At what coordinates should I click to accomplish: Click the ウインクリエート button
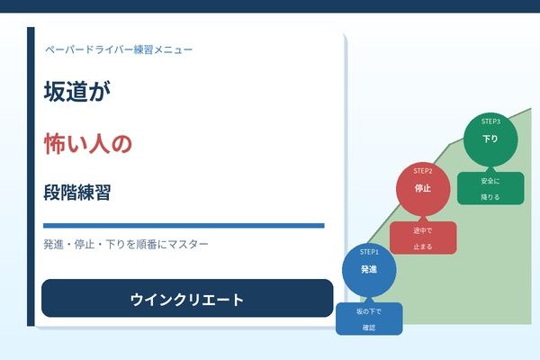[187, 299]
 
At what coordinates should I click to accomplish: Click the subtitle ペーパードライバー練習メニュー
[118, 49]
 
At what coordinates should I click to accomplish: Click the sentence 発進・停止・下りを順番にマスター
[125, 244]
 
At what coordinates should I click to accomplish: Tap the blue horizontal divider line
[184, 225]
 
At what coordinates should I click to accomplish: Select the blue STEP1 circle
[368, 271]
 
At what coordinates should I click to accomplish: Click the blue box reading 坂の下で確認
[369, 319]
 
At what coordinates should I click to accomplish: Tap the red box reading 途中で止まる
[423, 238]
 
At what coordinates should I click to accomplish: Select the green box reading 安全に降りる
[490, 188]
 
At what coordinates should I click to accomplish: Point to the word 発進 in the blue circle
[368, 270]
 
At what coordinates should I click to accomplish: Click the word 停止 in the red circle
[422, 189]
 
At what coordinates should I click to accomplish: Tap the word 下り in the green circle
[490, 139]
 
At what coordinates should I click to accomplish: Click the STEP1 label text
[369, 251]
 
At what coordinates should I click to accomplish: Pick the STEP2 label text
[423, 171]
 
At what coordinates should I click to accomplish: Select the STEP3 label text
[490, 121]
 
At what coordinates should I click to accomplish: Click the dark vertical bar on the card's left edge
[31, 175]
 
